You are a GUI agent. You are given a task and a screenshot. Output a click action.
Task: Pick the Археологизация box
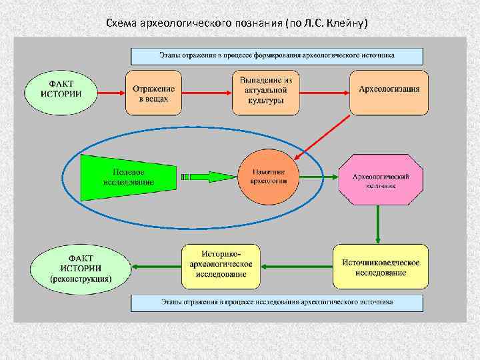point(389,89)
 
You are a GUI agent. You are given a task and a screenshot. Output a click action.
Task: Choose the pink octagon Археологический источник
point(380,177)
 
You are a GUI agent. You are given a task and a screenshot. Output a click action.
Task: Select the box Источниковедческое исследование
point(381,267)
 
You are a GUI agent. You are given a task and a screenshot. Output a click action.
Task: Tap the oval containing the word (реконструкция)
point(81,267)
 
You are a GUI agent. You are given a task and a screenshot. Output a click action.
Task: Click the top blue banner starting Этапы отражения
point(277,55)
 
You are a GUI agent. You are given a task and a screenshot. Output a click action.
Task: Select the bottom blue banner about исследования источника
point(277,303)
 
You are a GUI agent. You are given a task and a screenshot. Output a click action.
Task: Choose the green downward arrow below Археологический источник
point(379,224)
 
